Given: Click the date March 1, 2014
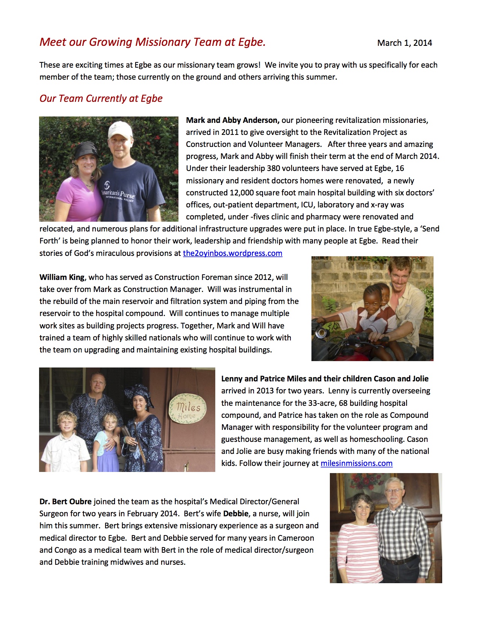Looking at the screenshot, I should [x=404, y=43].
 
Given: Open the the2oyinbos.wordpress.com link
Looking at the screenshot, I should [x=233, y=253].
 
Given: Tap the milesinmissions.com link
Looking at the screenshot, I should [x=356, y=463].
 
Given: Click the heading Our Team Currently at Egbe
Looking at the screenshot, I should [x=101, y=98].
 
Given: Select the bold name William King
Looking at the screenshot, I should [x=62, y=277].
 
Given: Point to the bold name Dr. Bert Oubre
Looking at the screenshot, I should [x=65, y=502].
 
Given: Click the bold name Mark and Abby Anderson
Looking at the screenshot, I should [x=232, y=120].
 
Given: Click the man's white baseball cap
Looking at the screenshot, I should [x=120, y=130].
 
